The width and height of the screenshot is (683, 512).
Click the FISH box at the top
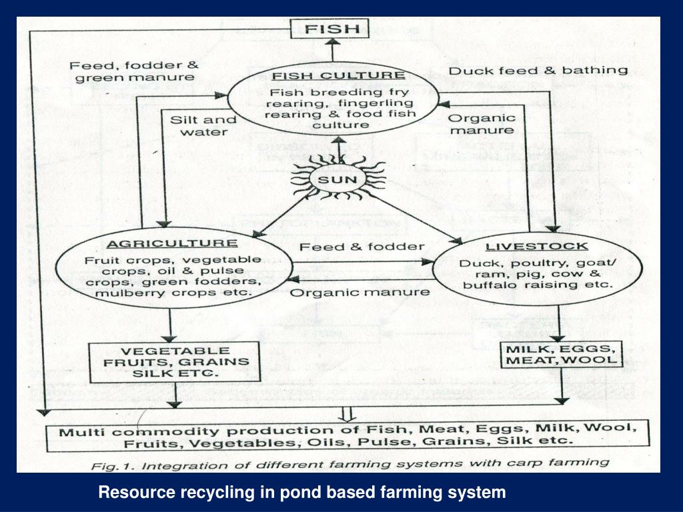point(331,29)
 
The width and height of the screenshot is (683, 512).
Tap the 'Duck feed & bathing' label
point(538,70)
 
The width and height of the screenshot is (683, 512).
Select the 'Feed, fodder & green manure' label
point(134,71)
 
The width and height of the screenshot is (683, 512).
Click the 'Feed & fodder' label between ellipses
point(362,247)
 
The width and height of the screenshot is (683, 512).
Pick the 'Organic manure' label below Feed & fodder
point(361,291)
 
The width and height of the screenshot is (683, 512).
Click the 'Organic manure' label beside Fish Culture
point(482,124)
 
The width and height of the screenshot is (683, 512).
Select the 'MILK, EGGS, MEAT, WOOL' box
point(561,355)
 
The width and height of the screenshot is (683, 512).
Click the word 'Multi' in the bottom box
point(77,431)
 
